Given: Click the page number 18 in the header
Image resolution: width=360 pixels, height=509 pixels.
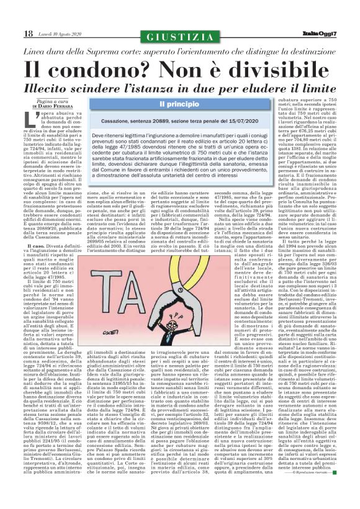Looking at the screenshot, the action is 12,32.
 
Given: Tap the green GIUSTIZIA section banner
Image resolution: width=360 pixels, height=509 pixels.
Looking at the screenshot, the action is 179,33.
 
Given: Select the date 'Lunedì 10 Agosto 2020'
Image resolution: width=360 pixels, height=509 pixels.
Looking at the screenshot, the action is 48,33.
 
